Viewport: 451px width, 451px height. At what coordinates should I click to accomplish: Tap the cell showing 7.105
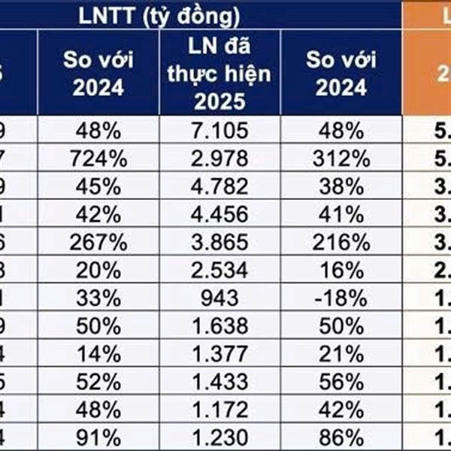pyautogui.click(x=220, y=132)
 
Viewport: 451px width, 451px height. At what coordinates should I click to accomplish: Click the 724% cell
pyautogui.click(x=98, y=159)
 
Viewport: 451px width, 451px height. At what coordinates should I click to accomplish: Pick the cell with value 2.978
pyautogui.click(x=220, y=159)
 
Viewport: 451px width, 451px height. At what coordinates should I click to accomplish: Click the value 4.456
pyautogui.click(x=220, y=213)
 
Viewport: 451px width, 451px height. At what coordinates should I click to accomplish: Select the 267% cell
pyautogui.click(x=98, y=240)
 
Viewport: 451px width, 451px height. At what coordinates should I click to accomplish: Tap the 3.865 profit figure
pyautogui.click(x=220, y=240)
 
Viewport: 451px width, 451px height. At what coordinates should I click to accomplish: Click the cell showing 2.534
pyautogui.click(x=220, y=267)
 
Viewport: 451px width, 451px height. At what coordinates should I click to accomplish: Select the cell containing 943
pyautogui.click(x=220, y=294)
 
